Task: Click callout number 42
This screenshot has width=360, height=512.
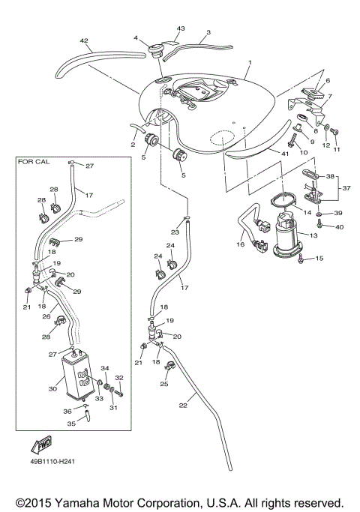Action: (85, 42)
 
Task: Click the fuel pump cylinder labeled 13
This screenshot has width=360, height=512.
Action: (286, 242)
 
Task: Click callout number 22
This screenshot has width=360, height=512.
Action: (183, 406)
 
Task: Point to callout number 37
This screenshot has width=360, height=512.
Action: (343, 188)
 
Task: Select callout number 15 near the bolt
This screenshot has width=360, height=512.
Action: (319, 259)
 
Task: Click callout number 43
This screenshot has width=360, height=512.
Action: (179, 28)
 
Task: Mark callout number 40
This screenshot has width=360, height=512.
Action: (339, 226)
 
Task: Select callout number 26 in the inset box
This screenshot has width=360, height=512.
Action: (46, 316)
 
